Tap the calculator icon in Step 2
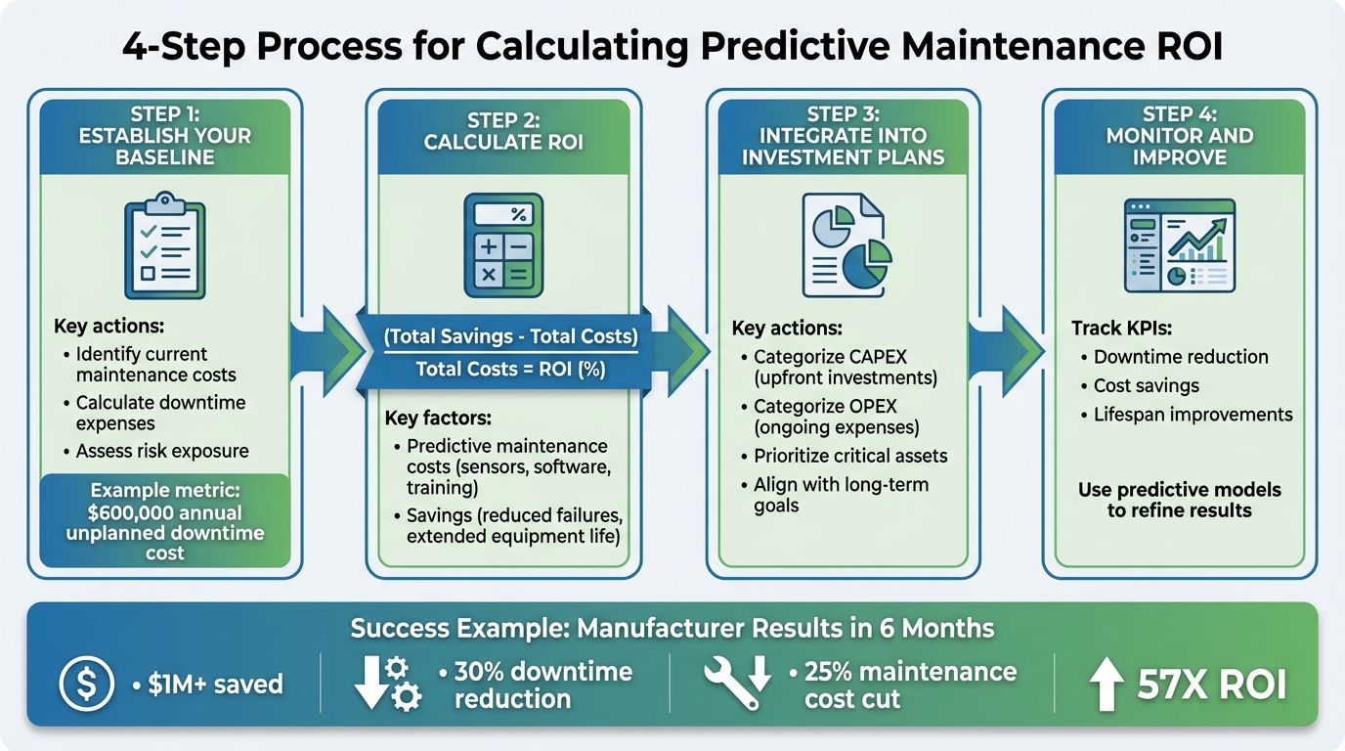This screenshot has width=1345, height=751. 502,244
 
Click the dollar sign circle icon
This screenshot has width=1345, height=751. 86,684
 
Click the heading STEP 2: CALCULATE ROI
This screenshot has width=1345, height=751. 503,131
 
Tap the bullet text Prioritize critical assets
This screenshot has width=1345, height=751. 850,456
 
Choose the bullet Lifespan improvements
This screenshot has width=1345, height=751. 1193,415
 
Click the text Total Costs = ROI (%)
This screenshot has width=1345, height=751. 510,369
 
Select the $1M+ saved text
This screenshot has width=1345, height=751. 214,684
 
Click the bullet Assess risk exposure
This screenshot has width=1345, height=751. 161,451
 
